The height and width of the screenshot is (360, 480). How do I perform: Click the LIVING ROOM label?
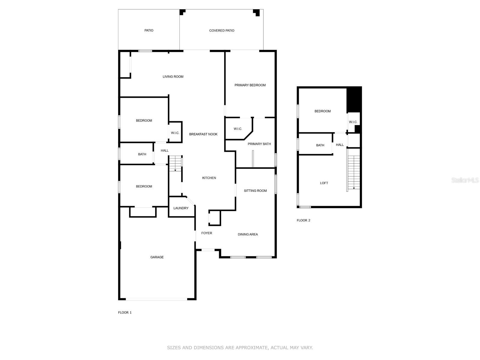(173, 76)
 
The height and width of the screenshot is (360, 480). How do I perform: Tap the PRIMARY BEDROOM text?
(250, 85)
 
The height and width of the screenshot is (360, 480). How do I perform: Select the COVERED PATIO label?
(221, 31)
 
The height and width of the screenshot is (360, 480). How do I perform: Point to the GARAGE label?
(157, 257)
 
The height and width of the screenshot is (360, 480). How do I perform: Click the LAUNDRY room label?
(181, 208)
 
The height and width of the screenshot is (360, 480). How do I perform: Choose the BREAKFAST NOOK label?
(203, 134)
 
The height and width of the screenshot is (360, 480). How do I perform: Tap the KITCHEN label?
(209, 178)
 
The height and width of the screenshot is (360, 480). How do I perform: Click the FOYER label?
(207, 233)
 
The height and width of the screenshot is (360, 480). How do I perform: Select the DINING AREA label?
(248, 234)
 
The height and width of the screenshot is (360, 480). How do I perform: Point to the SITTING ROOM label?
(255, 190)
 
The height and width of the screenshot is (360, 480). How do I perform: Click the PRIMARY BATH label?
(259, 144)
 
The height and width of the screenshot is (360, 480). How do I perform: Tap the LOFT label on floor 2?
(324, 183)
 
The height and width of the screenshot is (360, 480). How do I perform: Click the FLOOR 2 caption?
(303, 220)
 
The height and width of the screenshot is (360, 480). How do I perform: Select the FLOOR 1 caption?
(124, 313)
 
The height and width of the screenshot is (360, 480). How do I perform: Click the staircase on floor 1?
(175, 163)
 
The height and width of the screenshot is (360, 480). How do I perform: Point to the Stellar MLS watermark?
(465, 180)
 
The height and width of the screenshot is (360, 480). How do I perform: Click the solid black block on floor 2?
(354, 100)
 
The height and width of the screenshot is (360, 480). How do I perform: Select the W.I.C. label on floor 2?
(353, 122)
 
